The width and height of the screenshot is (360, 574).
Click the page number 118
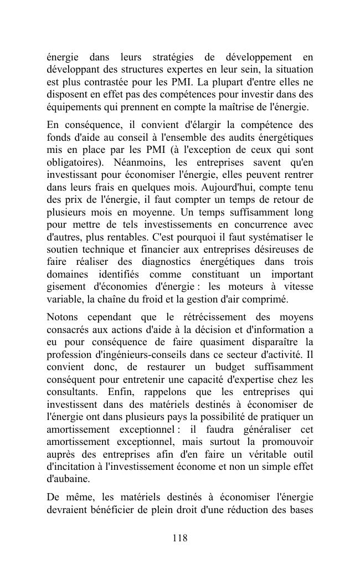coord(180,538)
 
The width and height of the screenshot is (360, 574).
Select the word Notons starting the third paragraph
coord(62,317)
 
